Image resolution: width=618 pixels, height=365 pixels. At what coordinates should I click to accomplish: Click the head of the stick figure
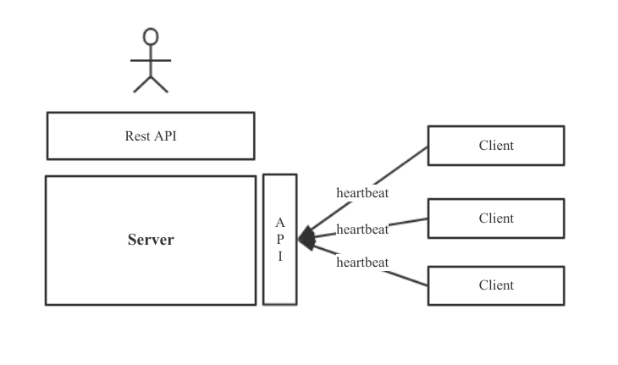(x=151, y=36)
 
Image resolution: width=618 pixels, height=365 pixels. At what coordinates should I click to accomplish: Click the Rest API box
(x=150, y=135)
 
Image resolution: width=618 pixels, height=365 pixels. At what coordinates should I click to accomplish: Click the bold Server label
(x=151, y=240)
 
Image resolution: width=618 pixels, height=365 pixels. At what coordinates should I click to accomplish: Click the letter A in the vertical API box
(x=280, y=222)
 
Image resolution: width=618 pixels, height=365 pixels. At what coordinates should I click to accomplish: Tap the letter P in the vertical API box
(x=280, y=240)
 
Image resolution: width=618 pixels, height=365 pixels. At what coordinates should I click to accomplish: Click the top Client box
(x=495, y=145)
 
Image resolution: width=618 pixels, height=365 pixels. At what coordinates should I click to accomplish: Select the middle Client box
(x=495, y=218)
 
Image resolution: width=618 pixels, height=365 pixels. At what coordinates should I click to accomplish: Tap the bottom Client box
(x=495, y=285)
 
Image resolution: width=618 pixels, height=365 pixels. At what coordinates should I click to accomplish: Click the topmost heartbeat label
(x=362, y=192)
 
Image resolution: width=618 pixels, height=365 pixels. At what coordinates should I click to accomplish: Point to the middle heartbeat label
(x=362, y=229)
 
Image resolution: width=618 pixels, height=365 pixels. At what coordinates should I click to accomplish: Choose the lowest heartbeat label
(x=362, y=263)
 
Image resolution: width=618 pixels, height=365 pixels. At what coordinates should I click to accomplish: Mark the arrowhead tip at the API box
(x=301, y=239)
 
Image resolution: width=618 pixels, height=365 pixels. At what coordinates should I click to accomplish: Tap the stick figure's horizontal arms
(x=151, y=61)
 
